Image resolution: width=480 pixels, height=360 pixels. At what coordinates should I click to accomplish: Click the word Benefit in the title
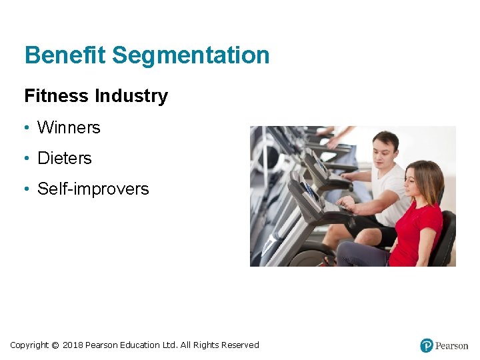click(65, 55)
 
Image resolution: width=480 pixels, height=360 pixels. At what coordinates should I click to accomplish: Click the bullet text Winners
click(69, 127)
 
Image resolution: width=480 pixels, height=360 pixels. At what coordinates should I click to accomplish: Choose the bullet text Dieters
click(65, 158)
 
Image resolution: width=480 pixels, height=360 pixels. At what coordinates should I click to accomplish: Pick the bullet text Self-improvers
click(93, 189)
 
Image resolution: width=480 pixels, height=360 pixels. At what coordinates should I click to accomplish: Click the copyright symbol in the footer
click(55, 345)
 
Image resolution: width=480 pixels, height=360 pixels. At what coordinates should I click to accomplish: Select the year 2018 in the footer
click(73, 345)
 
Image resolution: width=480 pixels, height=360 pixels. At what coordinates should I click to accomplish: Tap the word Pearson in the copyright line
click(101, 345)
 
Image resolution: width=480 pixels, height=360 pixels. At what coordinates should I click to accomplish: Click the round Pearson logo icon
click(427, 345)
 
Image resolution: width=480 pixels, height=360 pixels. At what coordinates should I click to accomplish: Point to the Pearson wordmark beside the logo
click(452, 346)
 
